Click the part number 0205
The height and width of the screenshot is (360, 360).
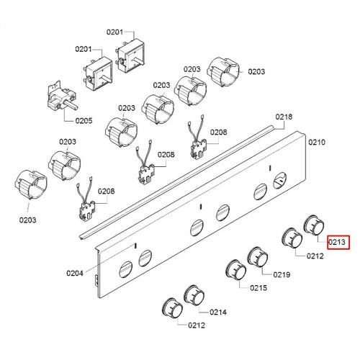click(x=84, y=120)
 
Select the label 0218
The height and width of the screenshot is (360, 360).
click(x=284, y=117)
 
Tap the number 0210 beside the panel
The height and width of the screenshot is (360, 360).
click(x=317, y=142)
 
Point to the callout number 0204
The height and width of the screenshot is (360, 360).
click(x=75, y=273)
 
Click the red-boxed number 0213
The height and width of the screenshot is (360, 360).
click(x=337, y=242)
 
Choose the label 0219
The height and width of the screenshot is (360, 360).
click(x=282, y=274)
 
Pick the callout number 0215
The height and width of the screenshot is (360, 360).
click(x=258, y=288)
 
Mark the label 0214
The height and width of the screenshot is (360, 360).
click(x=218, y=312)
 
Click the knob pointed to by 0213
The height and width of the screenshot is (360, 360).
click(x=314, y=225)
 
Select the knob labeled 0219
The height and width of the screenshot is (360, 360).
click(x=258, y=257)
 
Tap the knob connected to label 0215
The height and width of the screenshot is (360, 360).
click(x=236, y=270)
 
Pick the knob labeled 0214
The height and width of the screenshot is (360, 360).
click(x=194, y=295)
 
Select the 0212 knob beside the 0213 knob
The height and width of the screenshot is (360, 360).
click(x=292, y=238)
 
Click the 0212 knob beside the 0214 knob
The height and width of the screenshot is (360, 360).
click(x=172, y=309)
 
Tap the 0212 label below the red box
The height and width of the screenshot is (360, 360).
click(x=315, y=256)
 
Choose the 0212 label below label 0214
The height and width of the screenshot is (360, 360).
click(x=197, y=325)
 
